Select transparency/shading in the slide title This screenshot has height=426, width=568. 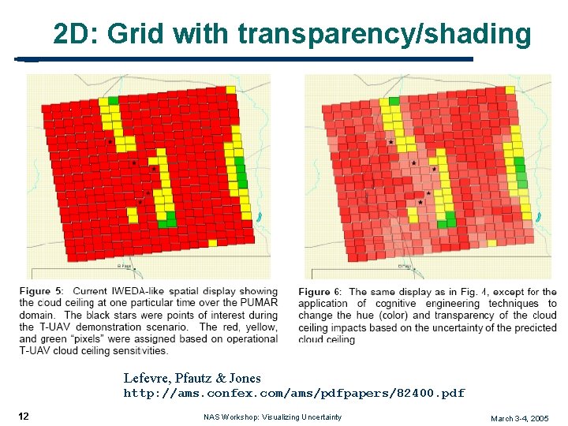[x=384, y=34]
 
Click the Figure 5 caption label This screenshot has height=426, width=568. [x=41, y=292]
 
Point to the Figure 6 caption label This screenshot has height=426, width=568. [x=319, y=292]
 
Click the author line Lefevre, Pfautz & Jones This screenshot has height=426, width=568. [x=192, y=379]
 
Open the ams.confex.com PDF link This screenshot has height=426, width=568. [x=293, y=393]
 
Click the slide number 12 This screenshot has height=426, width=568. [x=24, y=416]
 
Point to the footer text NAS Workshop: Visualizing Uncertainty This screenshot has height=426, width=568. [x=272, y=417]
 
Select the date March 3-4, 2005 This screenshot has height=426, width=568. [x=519, y=417]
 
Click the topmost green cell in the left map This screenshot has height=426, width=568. [x=113, y=100]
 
